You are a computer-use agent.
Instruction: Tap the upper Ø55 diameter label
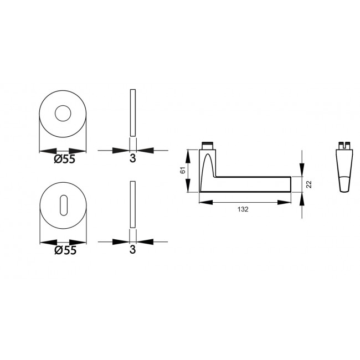coord(64,159)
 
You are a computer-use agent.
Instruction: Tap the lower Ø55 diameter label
coord(65,250)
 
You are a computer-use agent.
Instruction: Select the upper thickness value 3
coord(133,158)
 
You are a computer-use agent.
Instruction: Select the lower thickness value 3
coord(133,249)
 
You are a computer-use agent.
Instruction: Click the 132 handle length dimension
coord(243,209)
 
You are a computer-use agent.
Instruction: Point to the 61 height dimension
coord(183,170)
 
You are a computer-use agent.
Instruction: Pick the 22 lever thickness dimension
coord(309,184)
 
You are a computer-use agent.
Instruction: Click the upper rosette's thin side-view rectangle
coord(133,112)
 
